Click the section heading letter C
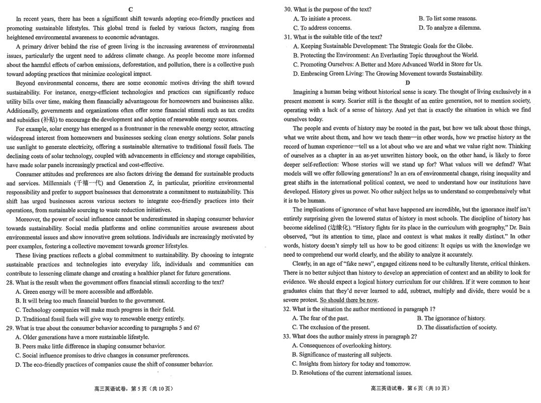coord(131,10)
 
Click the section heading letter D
coord(407,83)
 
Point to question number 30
coord(287,10)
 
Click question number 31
coord(287,37)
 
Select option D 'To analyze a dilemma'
coord(450,28)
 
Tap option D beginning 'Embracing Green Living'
coord(387,74)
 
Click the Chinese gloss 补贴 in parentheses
coord(49,119)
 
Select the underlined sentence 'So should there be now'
coord(349,300)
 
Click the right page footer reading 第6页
coord(409,388)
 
